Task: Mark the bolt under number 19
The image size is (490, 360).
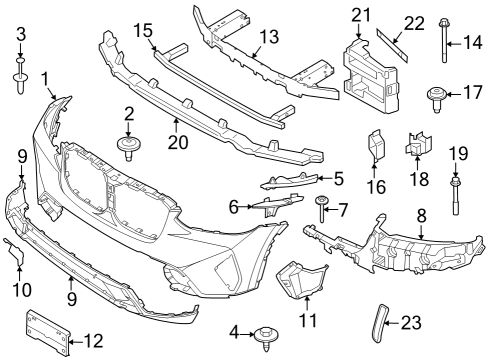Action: coord(457,195)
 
